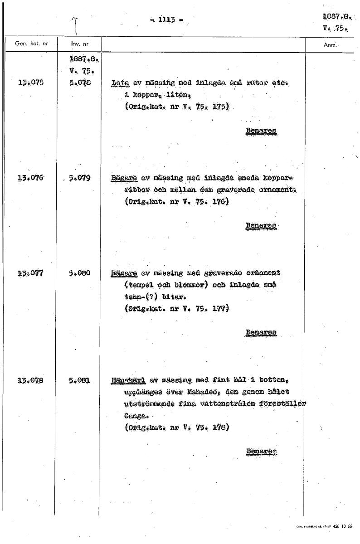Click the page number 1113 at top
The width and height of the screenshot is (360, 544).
(165, 19)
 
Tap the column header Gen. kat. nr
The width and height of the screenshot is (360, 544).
(28, 44)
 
